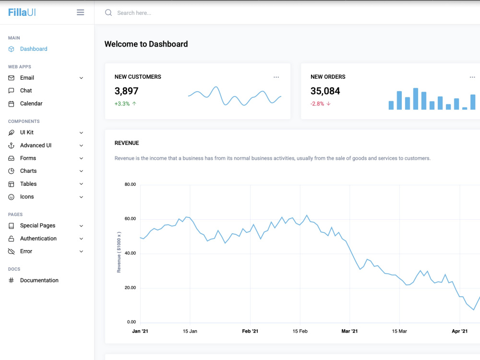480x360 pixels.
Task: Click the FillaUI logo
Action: (x=22, y=12)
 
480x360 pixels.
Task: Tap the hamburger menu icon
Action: (x=80, y=12)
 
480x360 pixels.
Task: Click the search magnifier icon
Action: (x=108, y=12)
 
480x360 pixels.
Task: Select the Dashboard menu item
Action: (x=34, y=49)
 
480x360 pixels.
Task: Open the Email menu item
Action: (x=27, y=78)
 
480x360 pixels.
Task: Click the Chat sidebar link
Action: (x=26, y=91)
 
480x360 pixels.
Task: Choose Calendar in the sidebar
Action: (x=31, y=104)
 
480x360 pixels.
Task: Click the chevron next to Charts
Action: (x=81, y=171)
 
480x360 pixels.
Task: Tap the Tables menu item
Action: (x=28, y=184)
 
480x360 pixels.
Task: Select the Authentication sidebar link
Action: (x=38, y=239)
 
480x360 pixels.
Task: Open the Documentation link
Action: (x=39, y=280)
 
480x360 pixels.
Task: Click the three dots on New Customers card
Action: (x=276, y=77)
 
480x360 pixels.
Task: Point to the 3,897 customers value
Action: (x=126, y=91)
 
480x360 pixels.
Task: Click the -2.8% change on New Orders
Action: (x=317, y=104)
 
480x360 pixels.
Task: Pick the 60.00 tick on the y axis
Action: (x=130, y=219)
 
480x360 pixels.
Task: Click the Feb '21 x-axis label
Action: (x=250, y=331)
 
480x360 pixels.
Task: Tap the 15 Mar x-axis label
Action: (x=399, y=331)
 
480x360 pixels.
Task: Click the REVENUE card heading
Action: (x=127, y=143)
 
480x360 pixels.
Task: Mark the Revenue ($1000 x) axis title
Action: (x=119, y=252)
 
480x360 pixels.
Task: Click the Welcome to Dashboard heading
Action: (x=146, y=44)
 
